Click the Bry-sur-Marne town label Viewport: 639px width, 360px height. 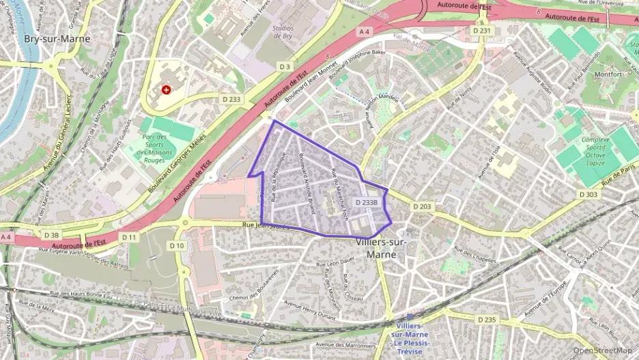tap(57, 39)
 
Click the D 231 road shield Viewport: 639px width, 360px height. tap(482, 31)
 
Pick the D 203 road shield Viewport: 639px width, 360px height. tap(421, 206)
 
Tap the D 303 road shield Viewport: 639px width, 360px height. tap(588, 195)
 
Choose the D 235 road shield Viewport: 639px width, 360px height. tap(487, 320)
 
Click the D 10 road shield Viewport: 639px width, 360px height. tap(177, 245)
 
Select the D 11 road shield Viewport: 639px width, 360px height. tap(129, 237)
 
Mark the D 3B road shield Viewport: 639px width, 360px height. tap(51, 235)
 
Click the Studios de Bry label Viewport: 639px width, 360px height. tap(283, 33)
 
